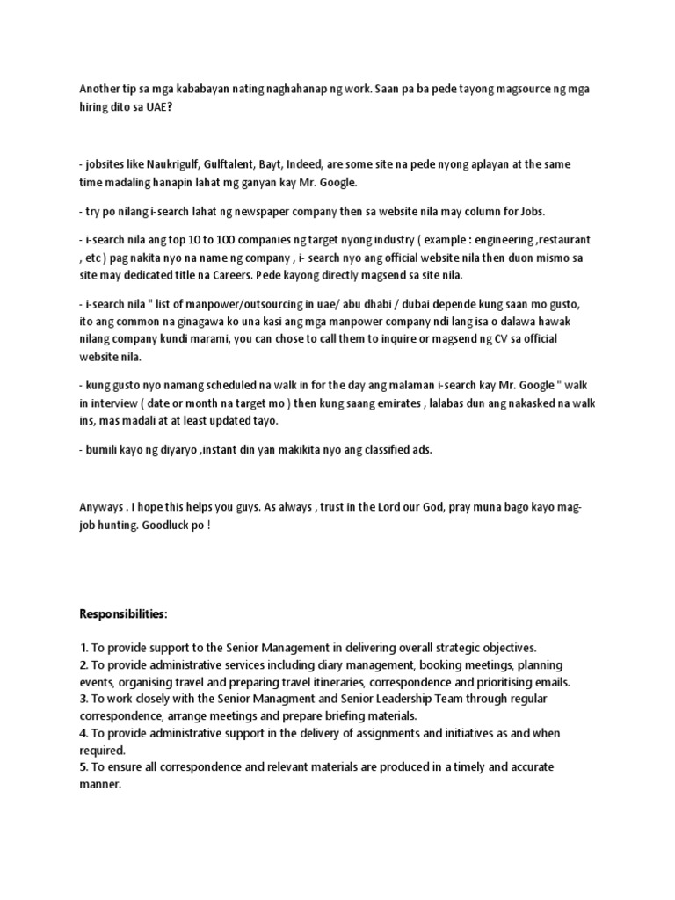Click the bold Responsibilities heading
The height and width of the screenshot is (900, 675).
(123, 613)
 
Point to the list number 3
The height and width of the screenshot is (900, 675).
(83, 699)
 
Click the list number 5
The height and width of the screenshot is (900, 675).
(83, 767)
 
